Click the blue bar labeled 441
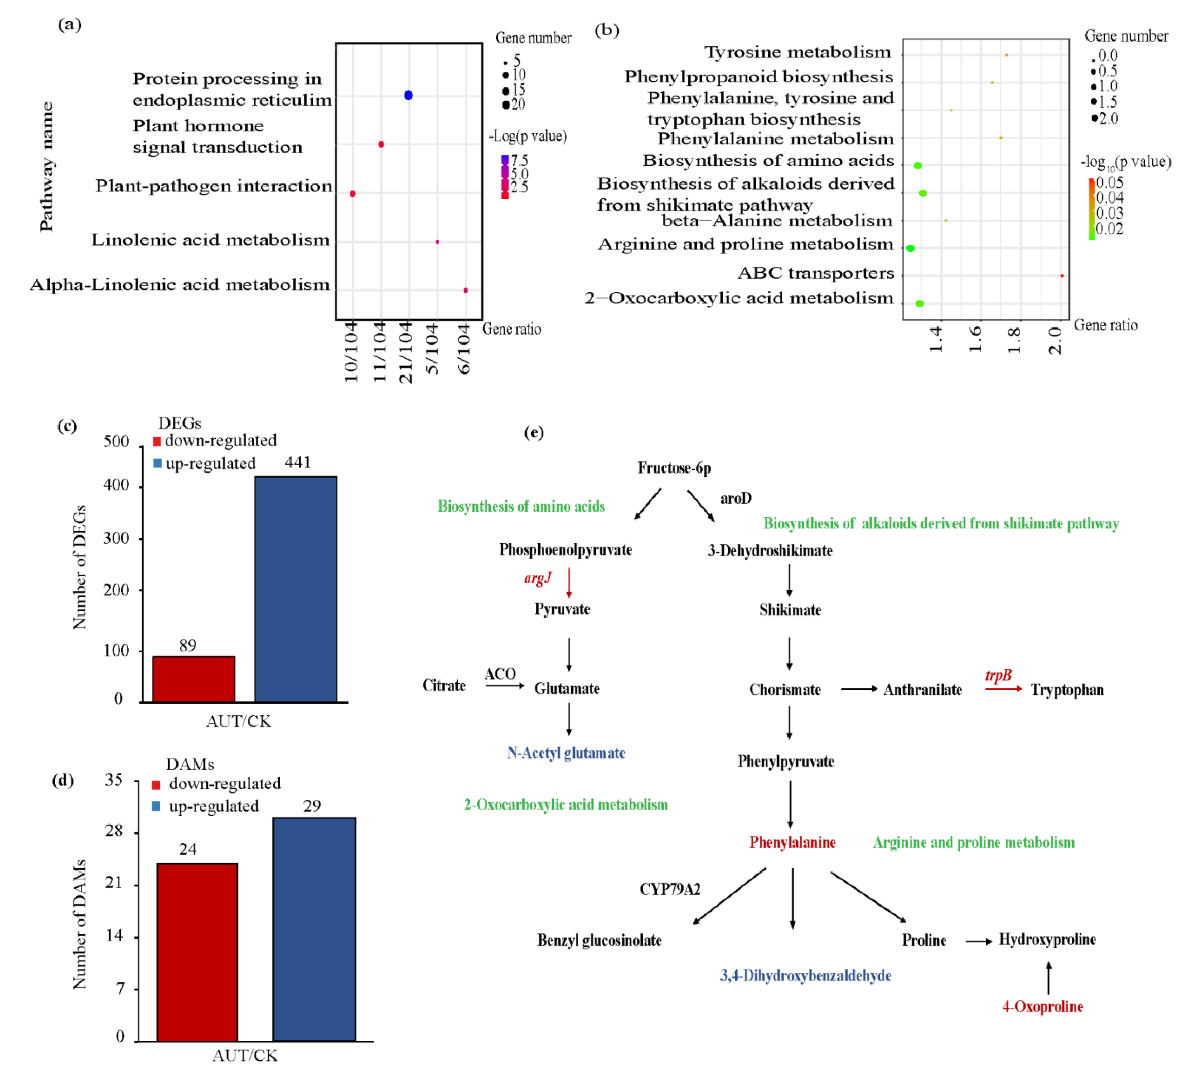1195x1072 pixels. (x=296, y=589)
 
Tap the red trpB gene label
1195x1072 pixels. (x=998, y=675)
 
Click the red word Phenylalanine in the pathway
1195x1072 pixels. (x=792, y=842)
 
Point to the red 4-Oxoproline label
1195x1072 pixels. (x=1043, y=1006)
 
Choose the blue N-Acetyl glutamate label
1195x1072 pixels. (x=566, y=753)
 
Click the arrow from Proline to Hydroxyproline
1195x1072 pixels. (x=979, y=941)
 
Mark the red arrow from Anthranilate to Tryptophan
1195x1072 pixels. (x=1004, y=689)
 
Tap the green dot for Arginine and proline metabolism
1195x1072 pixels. (x=910, y=248)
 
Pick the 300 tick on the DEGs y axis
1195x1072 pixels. (x=116, y=538)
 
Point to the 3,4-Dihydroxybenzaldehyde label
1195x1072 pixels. (x=805, y=975)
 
